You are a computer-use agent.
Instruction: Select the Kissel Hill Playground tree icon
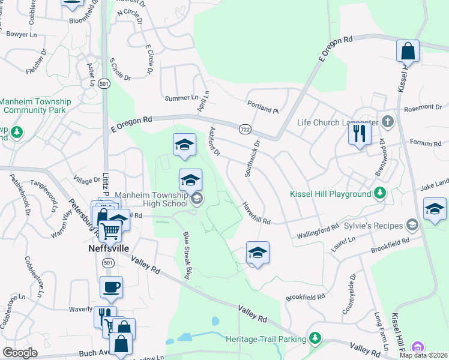pyautogui.click(x=379, y=193)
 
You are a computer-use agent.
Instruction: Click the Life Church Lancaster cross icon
pyautogui.click(x=387, y=122)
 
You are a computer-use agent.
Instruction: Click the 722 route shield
pyautogui.click(x=244, y=130)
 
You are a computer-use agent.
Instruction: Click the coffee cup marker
pyautogui.click(x=111, y=287)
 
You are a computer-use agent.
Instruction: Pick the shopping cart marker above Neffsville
pyautogui.click(x=110, y=230)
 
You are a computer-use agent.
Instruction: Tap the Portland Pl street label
pyautogui.click(x=263, y=107)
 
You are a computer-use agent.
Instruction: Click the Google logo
pyautogui.click(x=20, y=353)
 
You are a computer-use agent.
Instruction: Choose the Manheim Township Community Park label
pyautogui.click(x=36, y=106)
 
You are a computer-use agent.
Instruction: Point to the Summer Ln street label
pyautogui.click(x=181, y=97)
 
